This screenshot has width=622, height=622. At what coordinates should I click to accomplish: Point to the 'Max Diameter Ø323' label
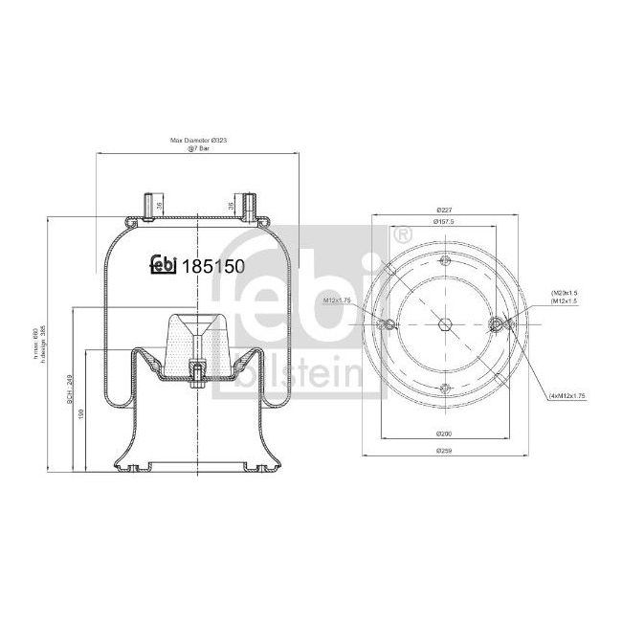point(198,140)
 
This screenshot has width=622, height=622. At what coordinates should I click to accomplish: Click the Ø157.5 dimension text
point(444,221)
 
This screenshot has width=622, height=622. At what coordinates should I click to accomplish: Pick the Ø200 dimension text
point(444,433)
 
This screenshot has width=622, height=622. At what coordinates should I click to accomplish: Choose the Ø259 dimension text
point(444,450)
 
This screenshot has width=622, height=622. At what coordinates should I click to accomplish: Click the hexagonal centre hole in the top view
point(444,324)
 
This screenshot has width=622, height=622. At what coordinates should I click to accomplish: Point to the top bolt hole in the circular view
point(443,261)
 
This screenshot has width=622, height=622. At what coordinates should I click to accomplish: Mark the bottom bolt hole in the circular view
point(444,387)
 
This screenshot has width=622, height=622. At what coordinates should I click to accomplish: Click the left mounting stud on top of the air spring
point(149,205)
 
